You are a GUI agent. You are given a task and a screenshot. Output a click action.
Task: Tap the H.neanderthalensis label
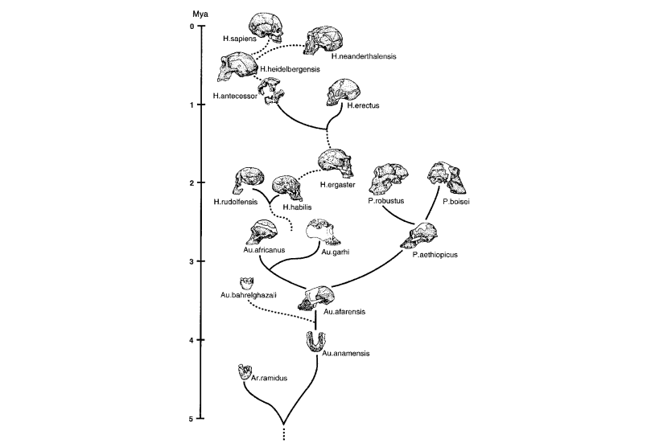[x=363, y=57]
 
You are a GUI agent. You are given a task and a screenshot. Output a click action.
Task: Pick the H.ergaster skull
[x=336, y=163]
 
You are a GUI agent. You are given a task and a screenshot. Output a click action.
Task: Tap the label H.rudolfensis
[x=235, y=202]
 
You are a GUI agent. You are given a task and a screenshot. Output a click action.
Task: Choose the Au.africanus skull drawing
[x=268, y=232]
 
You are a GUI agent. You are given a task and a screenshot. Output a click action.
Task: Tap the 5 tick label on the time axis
[x=192, y=419]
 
